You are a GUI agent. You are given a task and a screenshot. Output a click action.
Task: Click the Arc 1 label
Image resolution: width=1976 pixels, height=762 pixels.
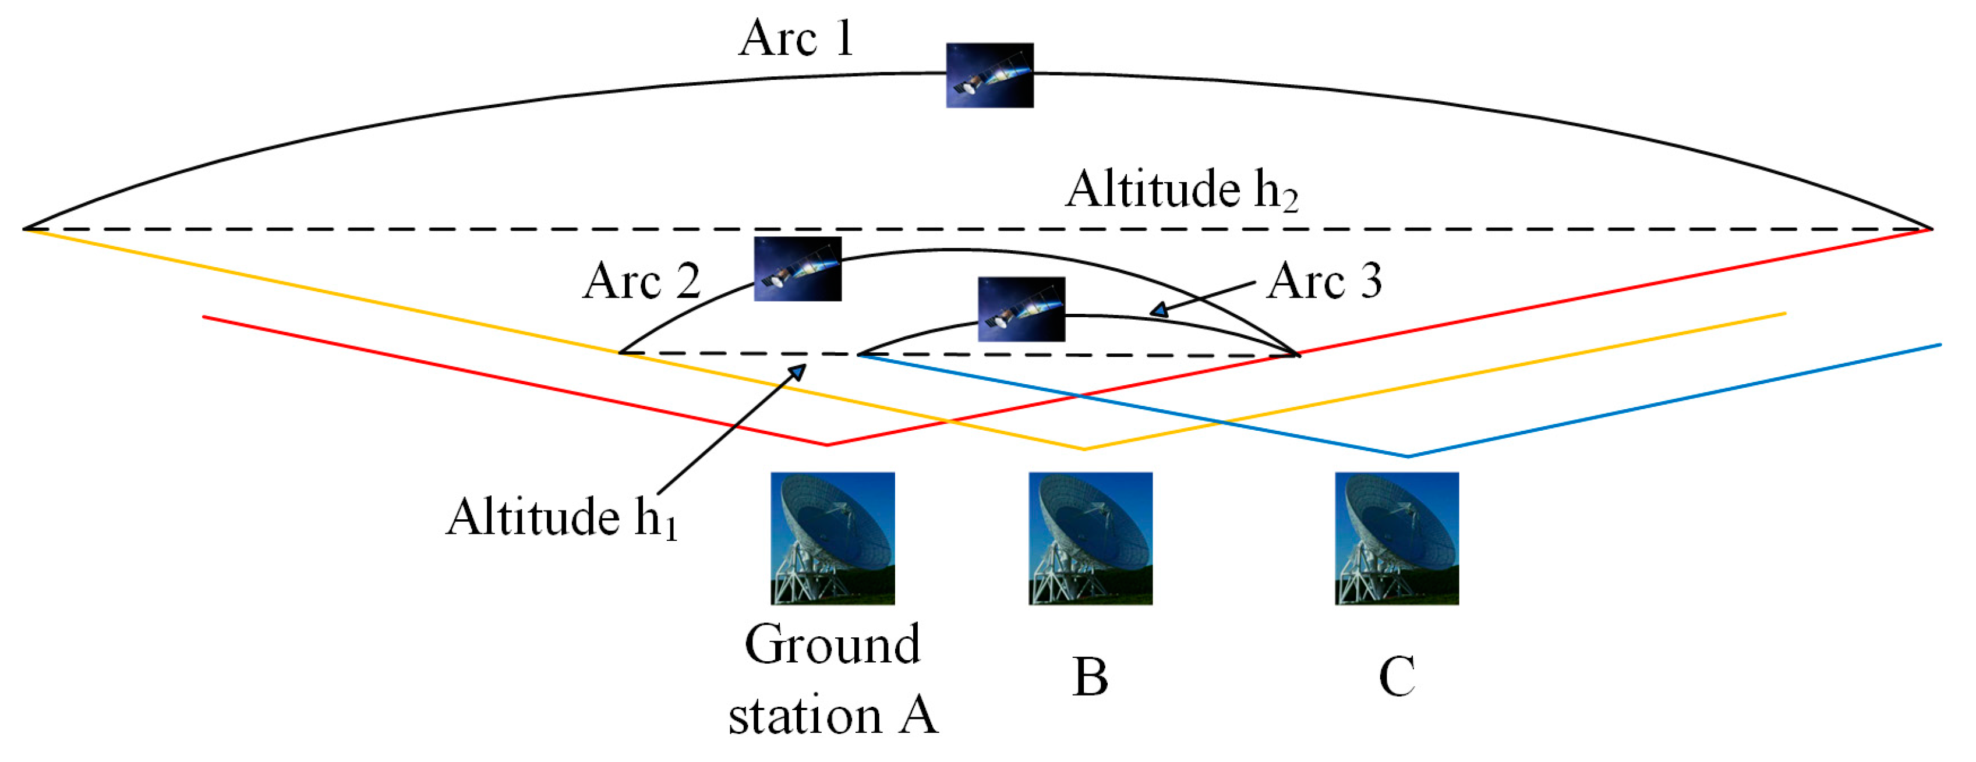point(796,38)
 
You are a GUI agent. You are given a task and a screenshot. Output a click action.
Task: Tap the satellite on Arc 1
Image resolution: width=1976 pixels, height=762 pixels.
point(989,75)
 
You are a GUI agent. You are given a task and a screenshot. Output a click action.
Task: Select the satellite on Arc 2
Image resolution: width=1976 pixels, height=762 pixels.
point(798,268)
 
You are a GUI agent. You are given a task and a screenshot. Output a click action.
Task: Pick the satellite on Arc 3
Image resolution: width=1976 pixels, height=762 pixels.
point(1021,309)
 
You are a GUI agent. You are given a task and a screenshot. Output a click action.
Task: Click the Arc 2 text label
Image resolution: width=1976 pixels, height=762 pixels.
point(642,281)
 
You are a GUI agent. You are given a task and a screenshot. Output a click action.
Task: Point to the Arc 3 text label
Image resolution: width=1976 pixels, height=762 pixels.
point(1325,281)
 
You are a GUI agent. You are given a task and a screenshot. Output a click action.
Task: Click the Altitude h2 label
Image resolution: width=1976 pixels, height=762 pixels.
point(1181,189)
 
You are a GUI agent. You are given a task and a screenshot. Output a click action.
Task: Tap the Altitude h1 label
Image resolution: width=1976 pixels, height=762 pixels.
point(562,518)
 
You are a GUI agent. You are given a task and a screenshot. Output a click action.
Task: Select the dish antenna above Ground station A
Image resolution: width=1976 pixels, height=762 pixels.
point(832,538)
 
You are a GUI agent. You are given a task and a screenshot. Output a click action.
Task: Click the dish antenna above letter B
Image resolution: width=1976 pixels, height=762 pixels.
point(1090,538)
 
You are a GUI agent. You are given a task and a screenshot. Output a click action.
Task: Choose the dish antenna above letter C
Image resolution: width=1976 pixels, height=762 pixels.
point(1397,538)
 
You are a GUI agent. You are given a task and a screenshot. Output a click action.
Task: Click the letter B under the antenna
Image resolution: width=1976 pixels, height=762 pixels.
point(1090,676)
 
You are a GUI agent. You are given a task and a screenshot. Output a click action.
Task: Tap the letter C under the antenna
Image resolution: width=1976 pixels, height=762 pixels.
point(1397,676)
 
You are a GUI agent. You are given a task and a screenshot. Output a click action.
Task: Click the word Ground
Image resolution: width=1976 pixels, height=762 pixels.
point(832,646)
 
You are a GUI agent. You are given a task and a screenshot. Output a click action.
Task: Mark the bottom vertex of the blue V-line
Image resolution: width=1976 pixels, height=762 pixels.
point(1408,457)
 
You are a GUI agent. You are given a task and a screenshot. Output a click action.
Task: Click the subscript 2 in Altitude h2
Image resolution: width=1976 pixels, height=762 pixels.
point(1290,201)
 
